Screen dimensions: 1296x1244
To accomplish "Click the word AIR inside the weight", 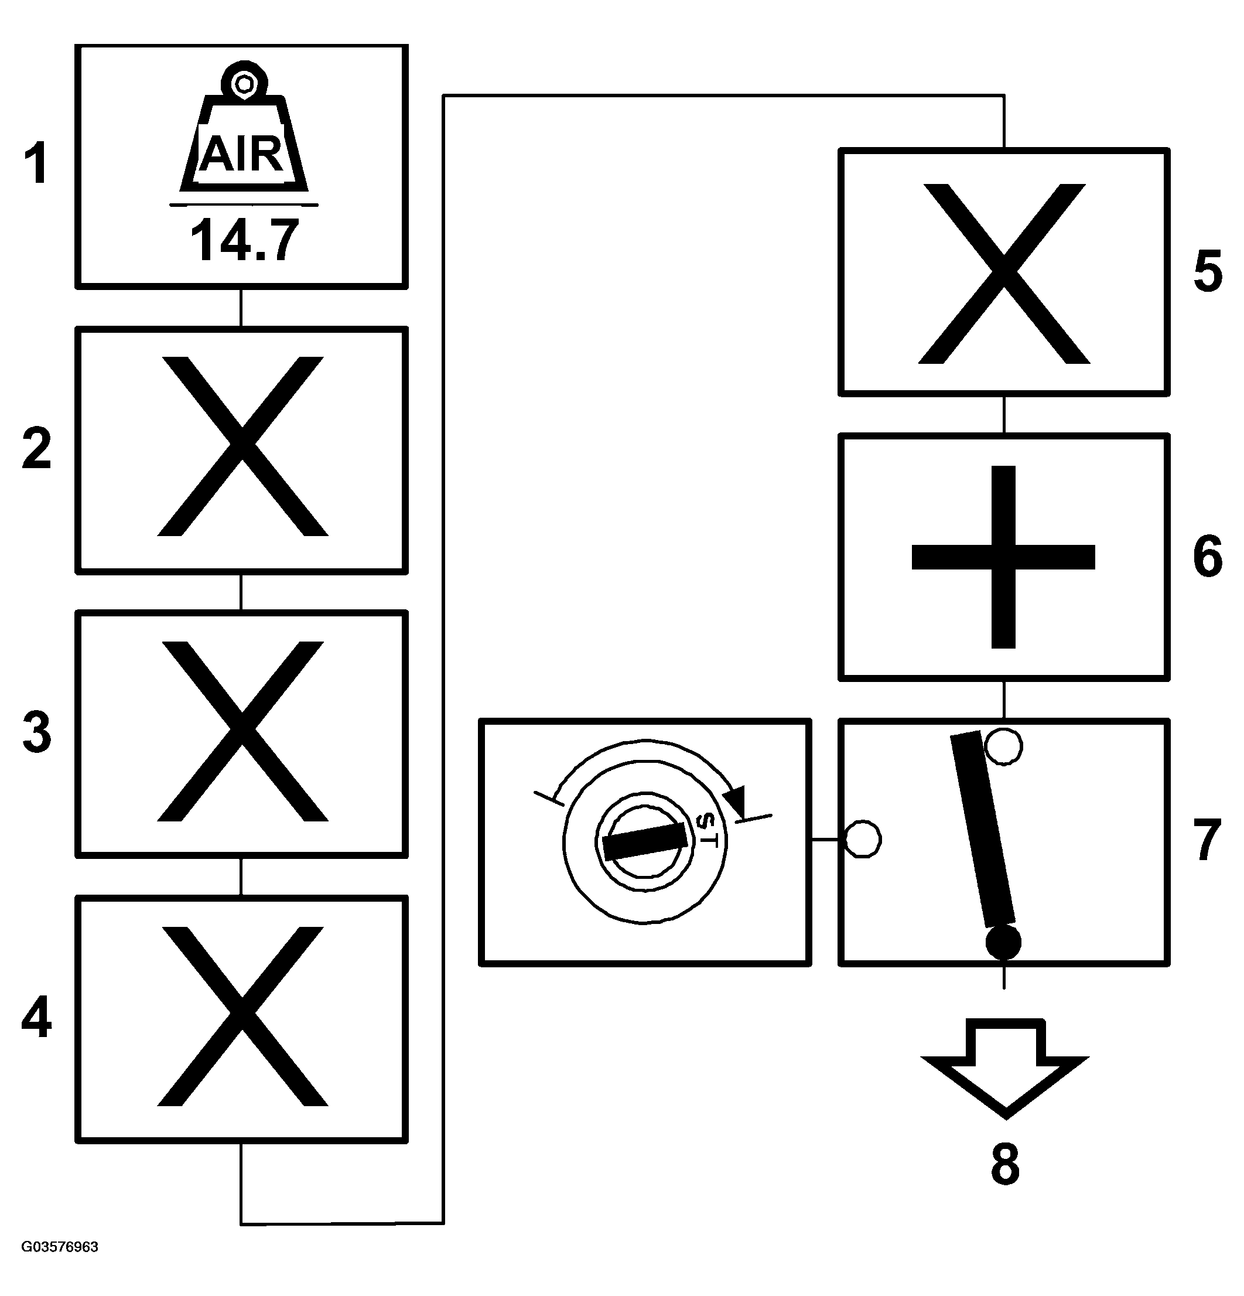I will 242,154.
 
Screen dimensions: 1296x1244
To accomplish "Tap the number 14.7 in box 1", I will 244,241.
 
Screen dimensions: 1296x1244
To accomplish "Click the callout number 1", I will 36,164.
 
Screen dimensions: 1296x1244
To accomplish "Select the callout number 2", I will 36,449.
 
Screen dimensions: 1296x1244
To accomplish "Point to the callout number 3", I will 36,734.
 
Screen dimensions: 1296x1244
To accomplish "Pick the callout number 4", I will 36,1018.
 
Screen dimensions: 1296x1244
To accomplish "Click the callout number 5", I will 1208,271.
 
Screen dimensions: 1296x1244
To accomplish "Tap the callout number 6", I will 1208,557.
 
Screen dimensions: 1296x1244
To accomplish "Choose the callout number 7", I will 1208,840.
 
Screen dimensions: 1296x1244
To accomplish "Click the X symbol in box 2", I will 242,446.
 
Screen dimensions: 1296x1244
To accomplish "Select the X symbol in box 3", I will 242,731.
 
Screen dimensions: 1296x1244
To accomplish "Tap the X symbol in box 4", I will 242,1017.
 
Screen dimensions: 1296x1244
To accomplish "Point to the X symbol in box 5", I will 1004,273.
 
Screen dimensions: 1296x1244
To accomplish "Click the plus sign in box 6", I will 1003,557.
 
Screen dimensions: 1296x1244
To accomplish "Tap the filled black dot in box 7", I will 1003,942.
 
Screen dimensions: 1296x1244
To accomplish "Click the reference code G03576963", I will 60,1247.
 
